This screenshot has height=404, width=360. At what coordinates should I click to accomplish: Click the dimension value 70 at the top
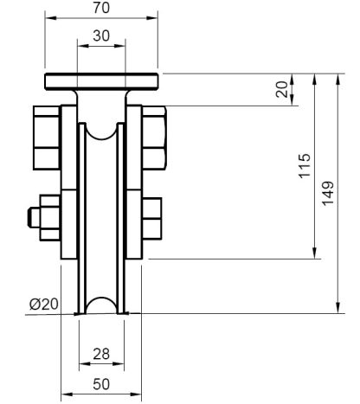point(102,7)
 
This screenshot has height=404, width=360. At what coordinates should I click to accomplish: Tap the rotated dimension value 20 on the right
point(281,90)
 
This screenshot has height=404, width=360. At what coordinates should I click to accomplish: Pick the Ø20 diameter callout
point(43,303)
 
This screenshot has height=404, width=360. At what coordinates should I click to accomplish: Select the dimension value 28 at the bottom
point(101,352)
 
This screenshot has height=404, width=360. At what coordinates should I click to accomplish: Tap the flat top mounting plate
point(102,82)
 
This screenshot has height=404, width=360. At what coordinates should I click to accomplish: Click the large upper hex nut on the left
point(45,136)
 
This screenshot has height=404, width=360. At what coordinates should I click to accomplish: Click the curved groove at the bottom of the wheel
point(102,305)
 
